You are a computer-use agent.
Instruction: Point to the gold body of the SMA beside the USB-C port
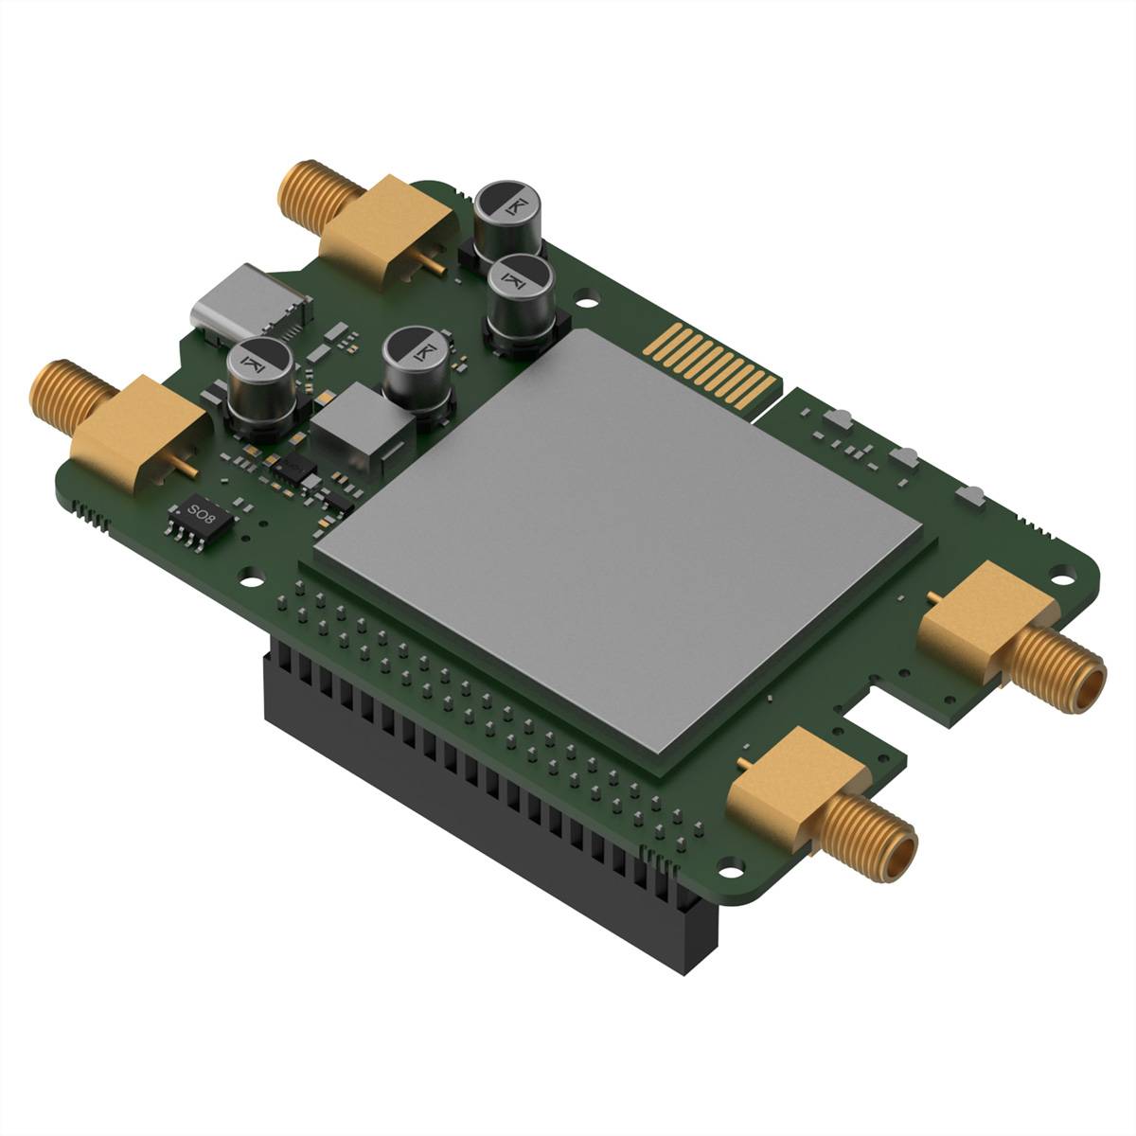(x=379, y=227)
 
